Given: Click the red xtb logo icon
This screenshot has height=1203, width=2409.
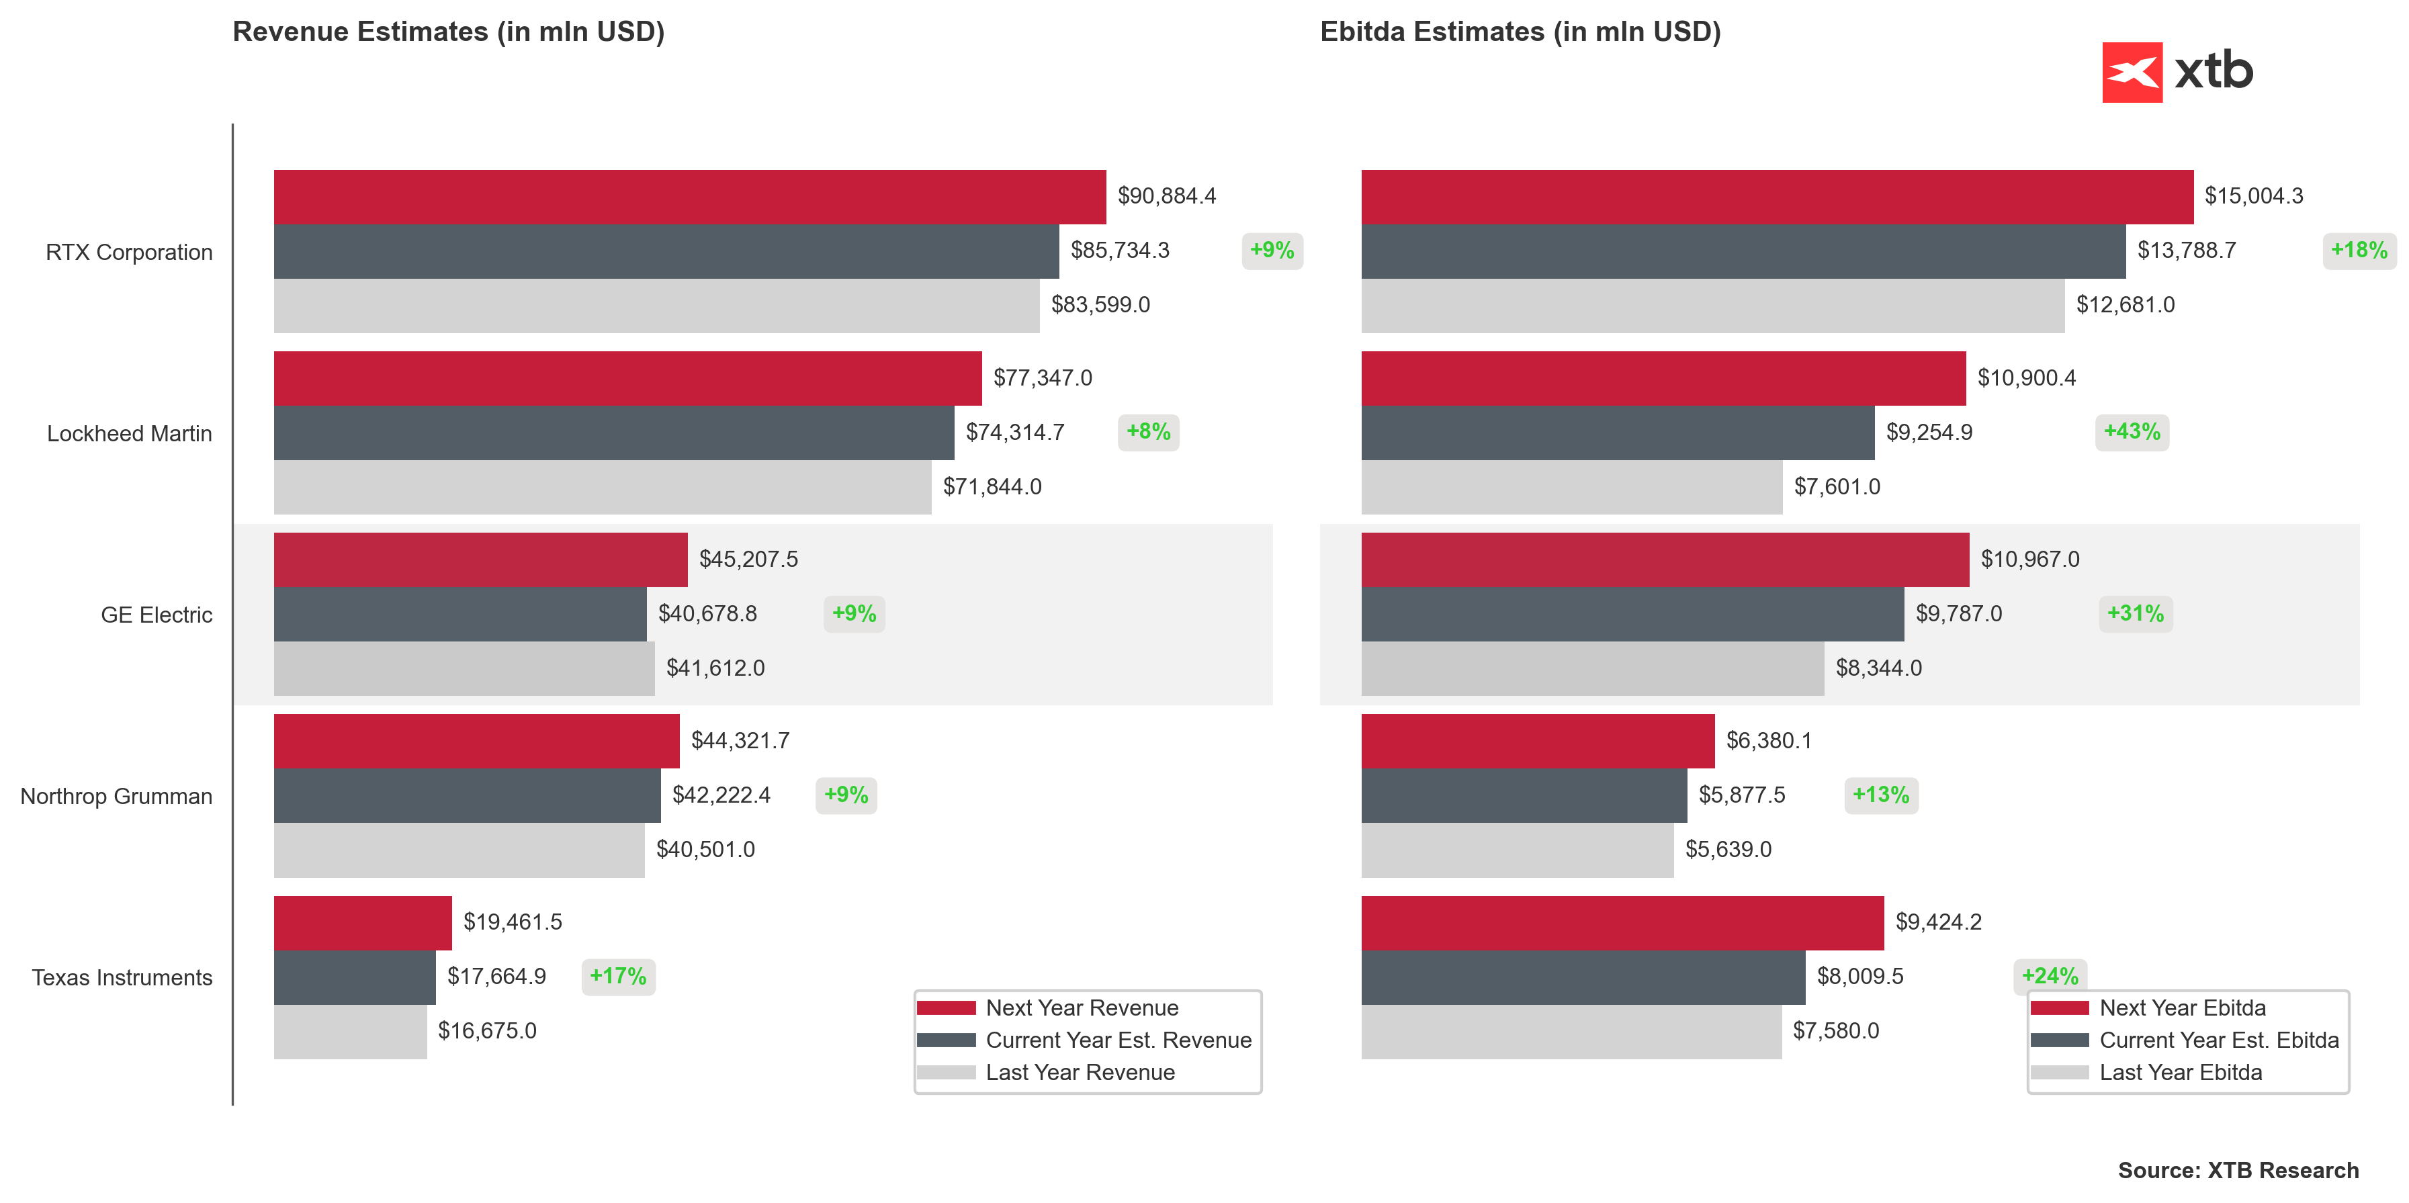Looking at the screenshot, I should coord(2132,72).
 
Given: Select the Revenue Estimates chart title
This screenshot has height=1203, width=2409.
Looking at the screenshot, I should coord(448,32).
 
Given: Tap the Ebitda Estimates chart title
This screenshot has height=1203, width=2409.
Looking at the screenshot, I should coord(1520,32).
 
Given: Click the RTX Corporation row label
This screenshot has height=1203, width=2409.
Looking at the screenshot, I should coord(129,253).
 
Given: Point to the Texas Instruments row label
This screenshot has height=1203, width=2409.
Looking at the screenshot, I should coord(122,978).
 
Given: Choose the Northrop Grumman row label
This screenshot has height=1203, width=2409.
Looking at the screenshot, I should coord(116,797).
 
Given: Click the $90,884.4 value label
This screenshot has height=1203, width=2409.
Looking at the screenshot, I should coord(1166,196).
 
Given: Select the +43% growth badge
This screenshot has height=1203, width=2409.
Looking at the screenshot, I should coord(2132,432).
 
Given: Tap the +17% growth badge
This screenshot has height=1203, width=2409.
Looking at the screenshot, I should coord(617,977).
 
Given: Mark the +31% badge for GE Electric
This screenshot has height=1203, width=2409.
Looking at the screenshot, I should coord(2135,614).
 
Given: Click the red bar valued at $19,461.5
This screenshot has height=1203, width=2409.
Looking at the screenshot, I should coord(363,923).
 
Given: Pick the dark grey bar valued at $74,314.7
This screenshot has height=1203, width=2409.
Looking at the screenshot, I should coord(613,433).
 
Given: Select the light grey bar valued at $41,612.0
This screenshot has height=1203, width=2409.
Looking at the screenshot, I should coord(464,668).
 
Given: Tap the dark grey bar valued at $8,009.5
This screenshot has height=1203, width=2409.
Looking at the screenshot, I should coord(1582,977).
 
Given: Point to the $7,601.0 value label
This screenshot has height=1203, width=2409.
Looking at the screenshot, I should coord(1837,487).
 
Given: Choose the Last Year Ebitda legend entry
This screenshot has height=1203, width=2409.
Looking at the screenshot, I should coord(2180,1072).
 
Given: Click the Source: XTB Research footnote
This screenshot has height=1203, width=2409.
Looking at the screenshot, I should coord(2238,1170).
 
